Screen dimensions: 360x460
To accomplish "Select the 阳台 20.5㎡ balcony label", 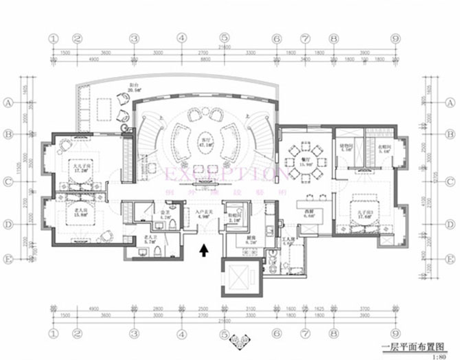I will (x=135, y=87).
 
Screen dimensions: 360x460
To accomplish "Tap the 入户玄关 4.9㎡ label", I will (x=203, y=214).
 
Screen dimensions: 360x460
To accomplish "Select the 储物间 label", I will (x=346, y=147).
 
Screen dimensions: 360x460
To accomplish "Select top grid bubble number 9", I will (x=395, y=40).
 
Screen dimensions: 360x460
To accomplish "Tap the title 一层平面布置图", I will (x=418, y=347).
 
